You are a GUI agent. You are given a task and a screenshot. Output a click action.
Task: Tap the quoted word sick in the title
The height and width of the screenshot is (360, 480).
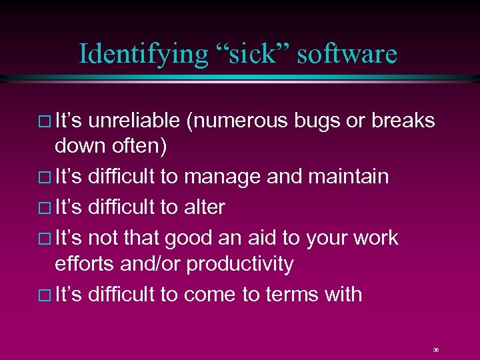click(252, 54)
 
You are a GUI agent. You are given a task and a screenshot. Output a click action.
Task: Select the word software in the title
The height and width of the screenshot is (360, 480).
click(347, 54)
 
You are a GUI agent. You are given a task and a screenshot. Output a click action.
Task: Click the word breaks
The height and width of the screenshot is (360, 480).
click(402, 121)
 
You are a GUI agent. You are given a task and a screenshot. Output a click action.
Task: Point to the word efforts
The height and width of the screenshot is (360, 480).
click(85, 264)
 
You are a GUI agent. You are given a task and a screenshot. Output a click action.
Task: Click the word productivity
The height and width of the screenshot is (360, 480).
click(239, 265)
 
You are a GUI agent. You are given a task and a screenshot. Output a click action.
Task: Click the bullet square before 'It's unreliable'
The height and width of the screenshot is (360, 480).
click(45, 121)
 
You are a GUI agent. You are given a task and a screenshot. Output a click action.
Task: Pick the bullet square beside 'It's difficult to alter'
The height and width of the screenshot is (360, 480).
click(45, 208)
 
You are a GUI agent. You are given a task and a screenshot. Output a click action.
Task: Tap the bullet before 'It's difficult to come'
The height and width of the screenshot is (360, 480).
click(45, 295)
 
